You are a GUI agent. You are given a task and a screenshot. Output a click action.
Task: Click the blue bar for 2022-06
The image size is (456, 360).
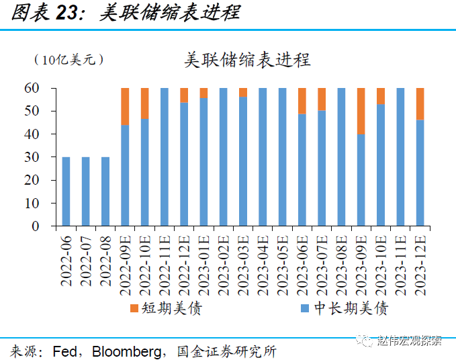point(66,191)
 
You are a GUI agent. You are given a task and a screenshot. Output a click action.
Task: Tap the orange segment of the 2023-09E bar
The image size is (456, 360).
point(361,111)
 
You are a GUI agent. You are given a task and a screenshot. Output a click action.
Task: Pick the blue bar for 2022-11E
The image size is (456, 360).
point(165,157)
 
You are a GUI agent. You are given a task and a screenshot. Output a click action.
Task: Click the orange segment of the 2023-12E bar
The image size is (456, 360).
point(420,103)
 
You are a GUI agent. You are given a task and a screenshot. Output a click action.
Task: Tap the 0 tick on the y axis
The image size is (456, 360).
point(37,226)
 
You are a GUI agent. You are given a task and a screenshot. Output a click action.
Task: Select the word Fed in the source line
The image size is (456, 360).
point(63,351)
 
